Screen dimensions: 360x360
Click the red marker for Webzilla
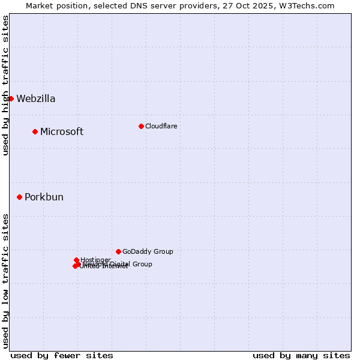coord(11,98)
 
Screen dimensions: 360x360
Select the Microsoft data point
coord(35,131)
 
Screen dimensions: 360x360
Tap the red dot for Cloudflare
coord(141,126)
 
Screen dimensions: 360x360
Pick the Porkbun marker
coord(19,197)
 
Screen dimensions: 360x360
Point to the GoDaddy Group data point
coord(118,251)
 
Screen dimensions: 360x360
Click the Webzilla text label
coord(36,99)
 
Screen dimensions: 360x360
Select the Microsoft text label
coord(62,132)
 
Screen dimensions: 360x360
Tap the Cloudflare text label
coord(161,126)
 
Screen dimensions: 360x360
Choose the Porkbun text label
coord(44,197)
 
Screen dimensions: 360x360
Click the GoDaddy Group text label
coord(148,251)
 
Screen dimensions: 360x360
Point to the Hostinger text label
coord(95,260)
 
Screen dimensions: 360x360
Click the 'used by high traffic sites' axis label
coord(5,85)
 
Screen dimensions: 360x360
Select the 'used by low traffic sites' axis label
coord(5,281)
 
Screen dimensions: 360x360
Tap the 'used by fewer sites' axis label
coord(62,355)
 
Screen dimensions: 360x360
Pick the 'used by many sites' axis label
coord(301,355)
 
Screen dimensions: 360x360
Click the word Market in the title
coord(40,6)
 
